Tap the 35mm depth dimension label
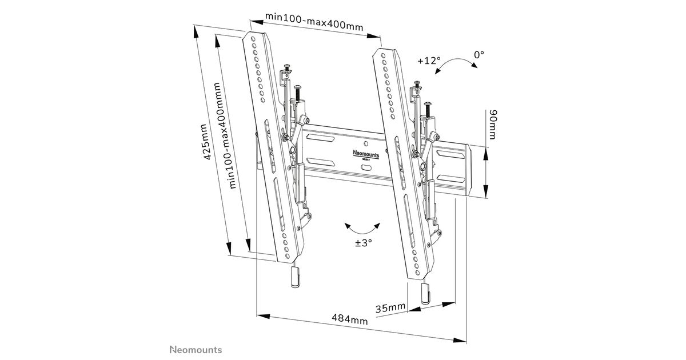390,309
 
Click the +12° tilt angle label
429,61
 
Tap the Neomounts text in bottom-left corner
195,349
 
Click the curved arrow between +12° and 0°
456,64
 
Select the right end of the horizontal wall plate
470,172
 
